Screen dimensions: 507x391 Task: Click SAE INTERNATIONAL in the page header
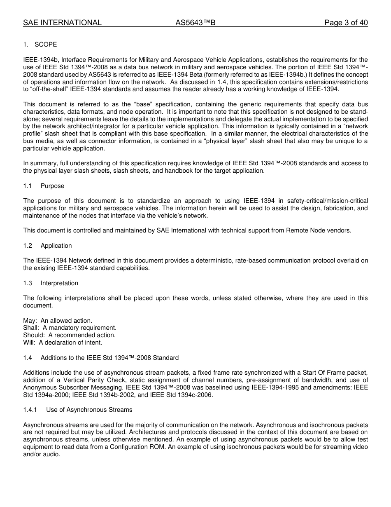point(62,23)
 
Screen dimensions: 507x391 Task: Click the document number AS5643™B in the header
point(195,23)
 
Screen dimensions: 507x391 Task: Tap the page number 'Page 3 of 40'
point(346,23)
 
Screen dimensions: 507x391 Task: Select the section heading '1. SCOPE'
point(40,45)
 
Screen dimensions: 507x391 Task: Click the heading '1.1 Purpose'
point(44,186)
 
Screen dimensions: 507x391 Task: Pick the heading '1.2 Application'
point(47,246)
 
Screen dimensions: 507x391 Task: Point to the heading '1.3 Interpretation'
point(50,283)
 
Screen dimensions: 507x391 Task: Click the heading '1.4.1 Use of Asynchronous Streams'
point(78,410)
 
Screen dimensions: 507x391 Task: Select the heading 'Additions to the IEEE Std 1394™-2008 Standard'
point(109,358)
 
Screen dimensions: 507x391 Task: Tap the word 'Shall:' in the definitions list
point(31,328)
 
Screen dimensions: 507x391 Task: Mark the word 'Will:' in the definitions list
point(29,343)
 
